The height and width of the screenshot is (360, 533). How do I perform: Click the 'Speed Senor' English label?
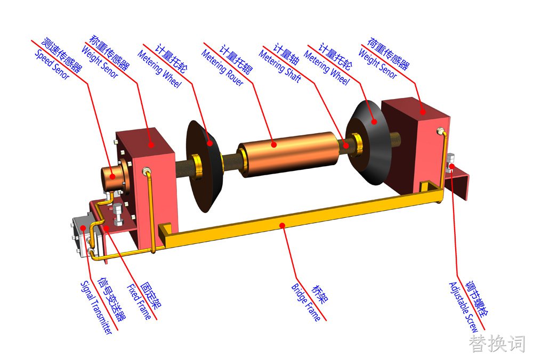(x=52, y=64)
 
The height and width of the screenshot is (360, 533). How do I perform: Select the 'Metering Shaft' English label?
(x=280, y=66)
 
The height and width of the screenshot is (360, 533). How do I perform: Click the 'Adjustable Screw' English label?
(x=464, y=307)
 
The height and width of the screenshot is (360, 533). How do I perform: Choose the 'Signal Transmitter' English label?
(x=96, y=307)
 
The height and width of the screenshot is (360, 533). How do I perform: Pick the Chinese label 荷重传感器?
(x=389, y=53)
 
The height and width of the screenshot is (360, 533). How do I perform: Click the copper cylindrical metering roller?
(x=289, y=154)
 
